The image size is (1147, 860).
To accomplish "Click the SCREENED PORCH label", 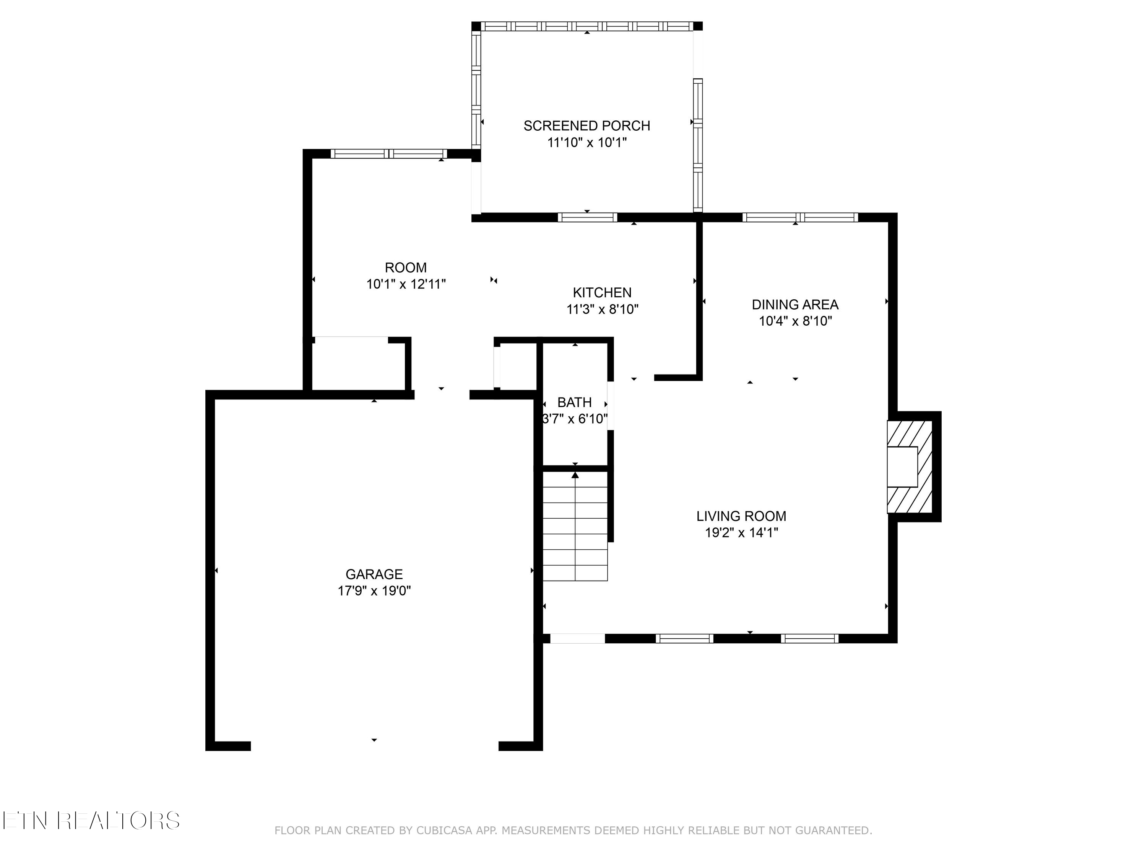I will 586,125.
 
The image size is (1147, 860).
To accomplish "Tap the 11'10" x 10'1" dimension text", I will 586,142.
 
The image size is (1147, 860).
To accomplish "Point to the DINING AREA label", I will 795,304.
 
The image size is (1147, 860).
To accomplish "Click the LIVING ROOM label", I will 741,516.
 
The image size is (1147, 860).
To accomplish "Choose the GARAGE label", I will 374,574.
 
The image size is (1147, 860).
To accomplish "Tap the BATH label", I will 574,402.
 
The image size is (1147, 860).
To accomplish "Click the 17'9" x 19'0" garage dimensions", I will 374,591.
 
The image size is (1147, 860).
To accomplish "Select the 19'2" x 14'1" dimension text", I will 741,532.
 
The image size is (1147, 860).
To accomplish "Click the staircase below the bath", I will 575,526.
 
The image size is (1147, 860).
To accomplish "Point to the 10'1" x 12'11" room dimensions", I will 406,284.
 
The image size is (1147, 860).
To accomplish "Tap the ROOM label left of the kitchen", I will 406,268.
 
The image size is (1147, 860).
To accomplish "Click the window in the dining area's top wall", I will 799,217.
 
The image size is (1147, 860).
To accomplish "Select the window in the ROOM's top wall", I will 388,153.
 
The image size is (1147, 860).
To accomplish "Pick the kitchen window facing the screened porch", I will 587,217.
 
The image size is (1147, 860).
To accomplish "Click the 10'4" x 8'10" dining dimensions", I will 795,321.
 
